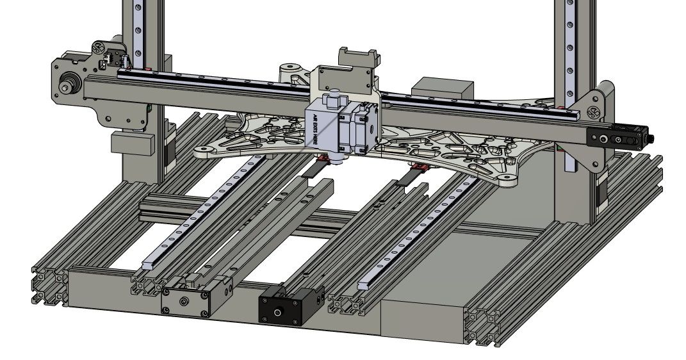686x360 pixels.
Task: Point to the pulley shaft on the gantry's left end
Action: (65, 85)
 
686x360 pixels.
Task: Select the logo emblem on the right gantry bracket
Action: (594, 113)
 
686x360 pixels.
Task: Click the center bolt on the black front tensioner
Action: (277, 312)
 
